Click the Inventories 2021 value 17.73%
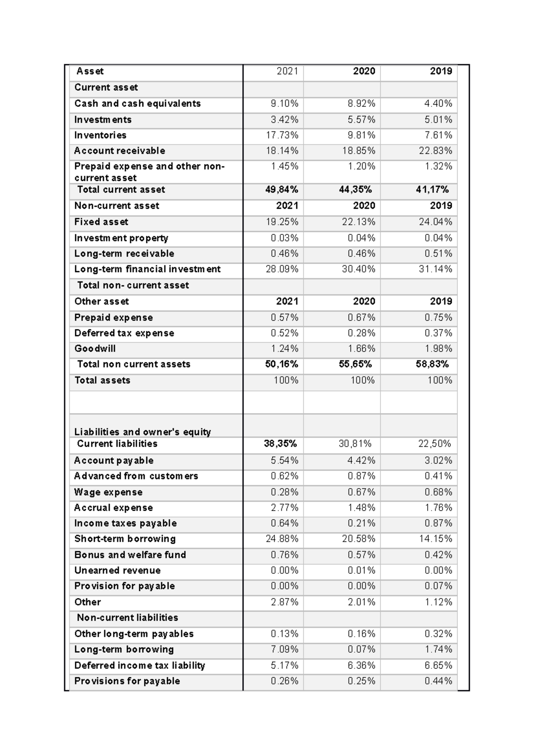pos(282,135)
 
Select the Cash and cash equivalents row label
pos(138,104)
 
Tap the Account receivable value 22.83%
pos(435,151)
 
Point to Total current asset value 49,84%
pos(282,190)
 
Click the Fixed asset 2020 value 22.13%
pos(359,222)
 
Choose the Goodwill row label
pos(95,349)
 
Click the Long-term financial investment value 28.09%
pos(282,269)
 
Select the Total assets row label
pos(102,380)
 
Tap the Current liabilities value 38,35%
pos(280,444)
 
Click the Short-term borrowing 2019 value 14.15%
pos(435,539)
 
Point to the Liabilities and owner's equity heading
pos(142,432)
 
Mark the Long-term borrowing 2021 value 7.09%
pos(284,650)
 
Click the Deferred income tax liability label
pos(140,666)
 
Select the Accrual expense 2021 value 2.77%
pos(284,508)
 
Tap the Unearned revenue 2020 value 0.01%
pos(361,570)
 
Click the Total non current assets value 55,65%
pos(355,364)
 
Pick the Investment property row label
pos(121,238)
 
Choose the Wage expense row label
pos(108,492)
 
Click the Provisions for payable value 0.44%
pos(438,681)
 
